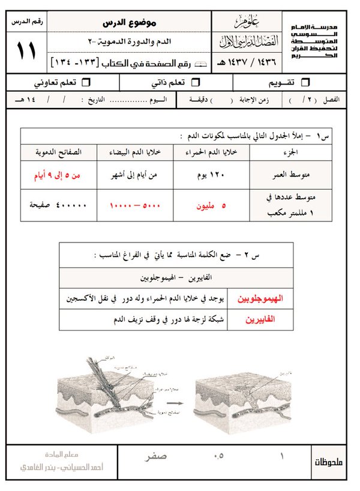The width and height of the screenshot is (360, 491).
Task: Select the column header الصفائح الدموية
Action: (57, 152)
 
